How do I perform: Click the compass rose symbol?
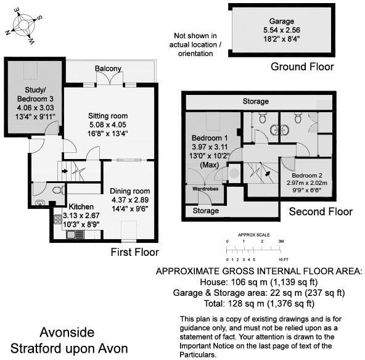(23, 26)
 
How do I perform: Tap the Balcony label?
(108, 68)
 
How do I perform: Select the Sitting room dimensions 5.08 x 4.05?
(108, 125)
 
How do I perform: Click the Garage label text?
(281, 21)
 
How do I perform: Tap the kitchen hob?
(58, 219)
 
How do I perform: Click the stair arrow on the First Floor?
(65, 171)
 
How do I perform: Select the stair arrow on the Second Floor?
(268, 174)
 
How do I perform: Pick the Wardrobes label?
(205, 189)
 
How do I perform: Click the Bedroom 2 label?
(307, 176)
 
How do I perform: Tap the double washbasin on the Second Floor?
(279, 130)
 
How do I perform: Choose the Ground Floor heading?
(302, 67)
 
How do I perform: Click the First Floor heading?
(135, 252)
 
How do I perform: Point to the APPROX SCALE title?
(254, 235)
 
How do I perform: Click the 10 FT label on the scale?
(283, 260)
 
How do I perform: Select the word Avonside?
(67, 332)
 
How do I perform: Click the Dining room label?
(130, 191)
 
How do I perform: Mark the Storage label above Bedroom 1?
(256, 101)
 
